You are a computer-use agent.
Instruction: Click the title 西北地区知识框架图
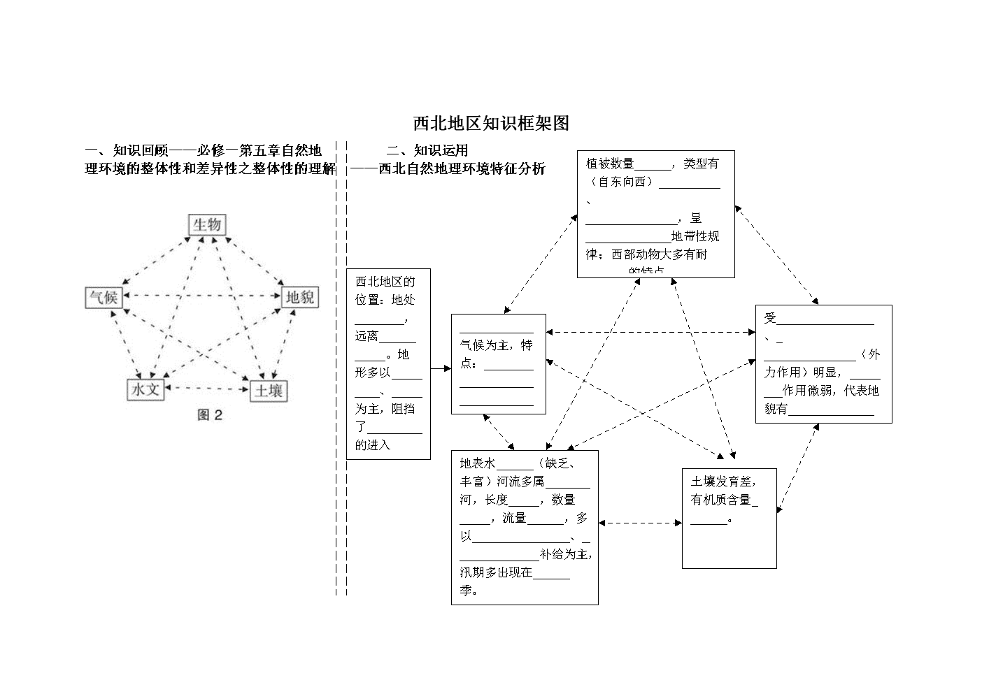[x=491, y=124]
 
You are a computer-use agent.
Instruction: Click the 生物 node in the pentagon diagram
[x=207, y=224]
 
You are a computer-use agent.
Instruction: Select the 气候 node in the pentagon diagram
[x=104, y=298]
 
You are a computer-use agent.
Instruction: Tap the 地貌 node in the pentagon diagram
[x=299, y=298]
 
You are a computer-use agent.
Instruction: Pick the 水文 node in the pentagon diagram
[x=145, y=389]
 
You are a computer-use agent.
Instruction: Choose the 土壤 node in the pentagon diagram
[x=269, y=391]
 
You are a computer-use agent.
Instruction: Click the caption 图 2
[x=210, y=415]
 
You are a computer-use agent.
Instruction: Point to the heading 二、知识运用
[x=427, y=150]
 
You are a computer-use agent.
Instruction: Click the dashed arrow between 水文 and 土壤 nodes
[x=207, y=387]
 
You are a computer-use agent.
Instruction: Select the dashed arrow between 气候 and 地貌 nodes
[x=201, y=296]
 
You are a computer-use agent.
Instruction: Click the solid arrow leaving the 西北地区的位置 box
[x=441, y=368]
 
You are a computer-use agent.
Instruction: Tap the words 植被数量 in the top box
[x=610, y=164]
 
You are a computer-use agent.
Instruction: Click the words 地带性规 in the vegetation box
[x=695, y=236]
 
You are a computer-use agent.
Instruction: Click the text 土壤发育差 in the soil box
[x=723, y=482]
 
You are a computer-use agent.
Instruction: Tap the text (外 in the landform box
[x=871, y=354]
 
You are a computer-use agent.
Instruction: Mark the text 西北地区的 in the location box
[x=385, y=282]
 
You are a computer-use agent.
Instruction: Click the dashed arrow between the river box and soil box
[x=640, y=523]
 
